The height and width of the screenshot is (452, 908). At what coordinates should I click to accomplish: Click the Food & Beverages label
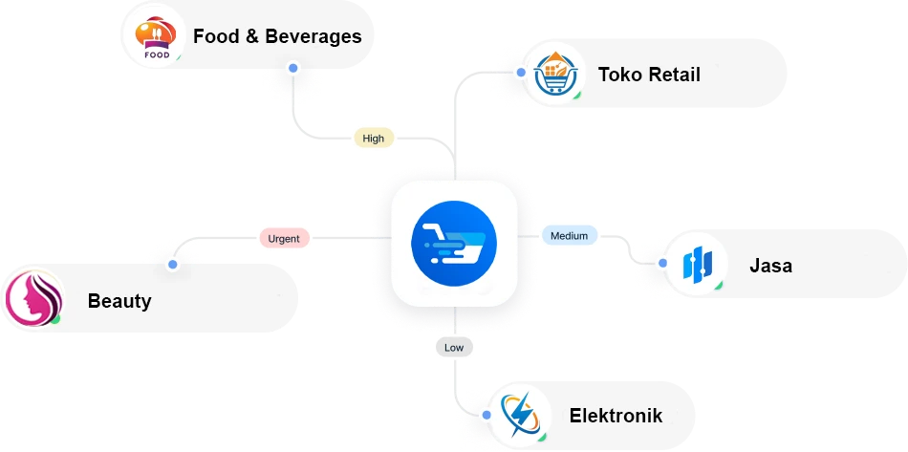[x=277, y=37]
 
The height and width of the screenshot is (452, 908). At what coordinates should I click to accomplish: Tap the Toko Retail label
[x=649, y=75]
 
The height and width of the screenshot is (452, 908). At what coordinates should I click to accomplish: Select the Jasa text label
[x=770, y=266]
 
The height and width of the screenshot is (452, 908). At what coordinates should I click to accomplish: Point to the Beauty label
[x=119, y=301]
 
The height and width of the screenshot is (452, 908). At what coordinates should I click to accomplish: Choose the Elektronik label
[x=616, y=416]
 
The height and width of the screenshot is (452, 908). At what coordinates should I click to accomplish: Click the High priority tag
[x=374, y=139]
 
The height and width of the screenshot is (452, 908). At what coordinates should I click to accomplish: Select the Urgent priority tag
[x=284, y=238]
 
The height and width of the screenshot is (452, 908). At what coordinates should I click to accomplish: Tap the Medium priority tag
[x=569, y=235]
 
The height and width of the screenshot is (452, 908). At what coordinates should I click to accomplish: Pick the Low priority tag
[x=454, y=347]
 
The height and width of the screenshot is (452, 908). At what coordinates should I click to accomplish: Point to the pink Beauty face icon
[x=32, y=299]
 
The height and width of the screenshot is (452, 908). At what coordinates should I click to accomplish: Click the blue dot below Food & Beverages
[x=292, y=70]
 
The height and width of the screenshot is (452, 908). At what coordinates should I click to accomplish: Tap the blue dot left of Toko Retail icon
[x=520, y=73]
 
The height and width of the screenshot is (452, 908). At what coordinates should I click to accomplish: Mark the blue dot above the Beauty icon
[x=172, y=264]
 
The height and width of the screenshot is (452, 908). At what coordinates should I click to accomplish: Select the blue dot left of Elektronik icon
[x=486, y=416]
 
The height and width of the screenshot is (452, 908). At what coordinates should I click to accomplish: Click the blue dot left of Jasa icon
[x=661, y=261]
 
